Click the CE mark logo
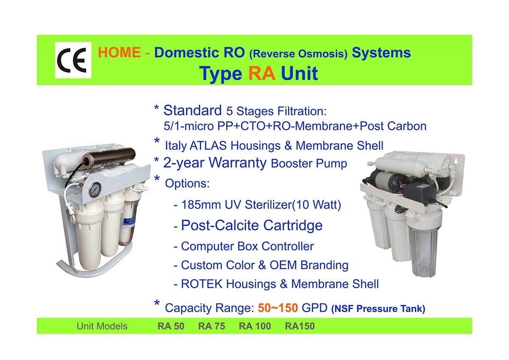point(73,60)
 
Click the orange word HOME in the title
point(119,52)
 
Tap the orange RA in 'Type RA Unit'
point(262,73)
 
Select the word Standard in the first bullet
point(193,110)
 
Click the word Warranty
point(238,163)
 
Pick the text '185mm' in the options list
point(201,205)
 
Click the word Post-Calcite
point(220,225)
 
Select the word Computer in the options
point(207,246)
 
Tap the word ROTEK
point(201,284)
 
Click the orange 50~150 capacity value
point(278,308)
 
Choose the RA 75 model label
point(212,326)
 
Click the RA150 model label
point(300,326)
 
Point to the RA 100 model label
point(255,326)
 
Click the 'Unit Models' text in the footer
point(102,326)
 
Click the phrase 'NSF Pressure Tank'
point(378,309)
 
